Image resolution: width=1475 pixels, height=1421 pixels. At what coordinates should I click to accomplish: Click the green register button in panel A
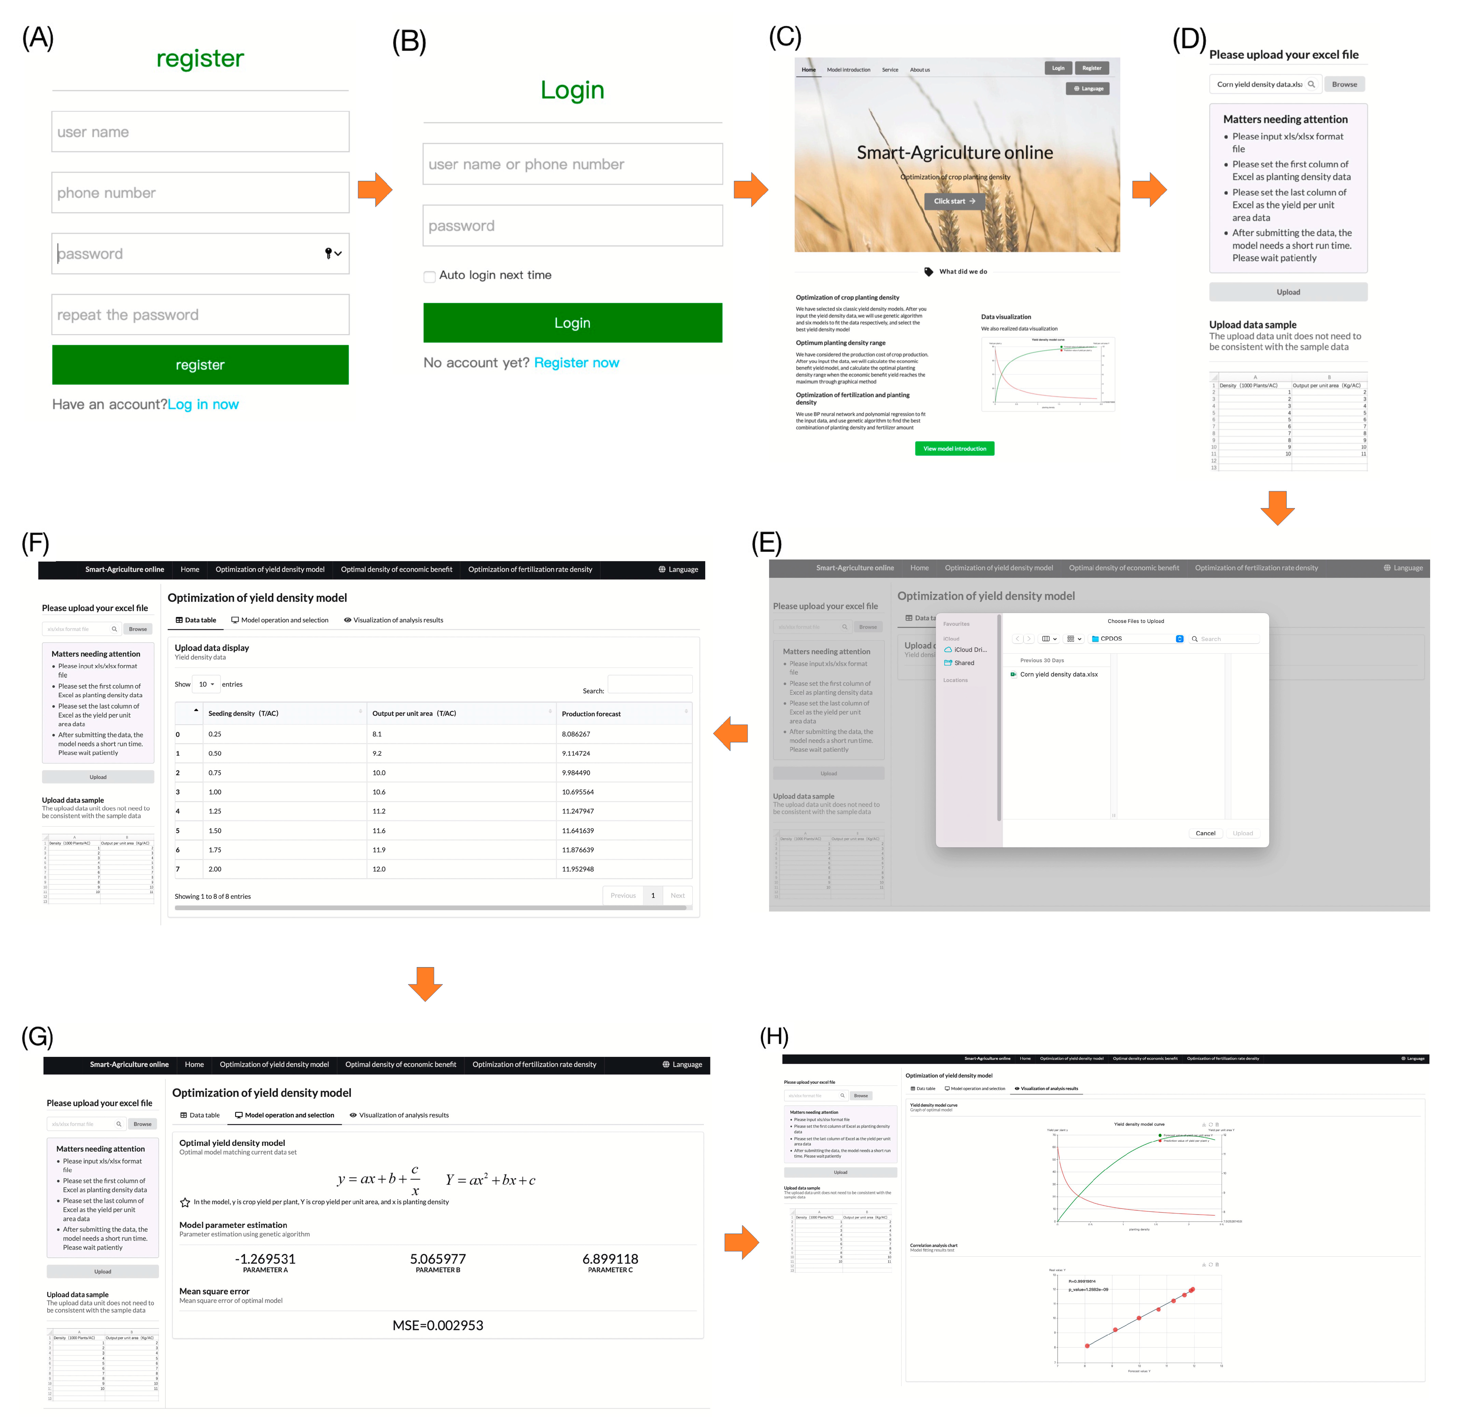click(200, 365)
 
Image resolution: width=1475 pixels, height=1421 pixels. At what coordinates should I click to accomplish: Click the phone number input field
click(200, 193)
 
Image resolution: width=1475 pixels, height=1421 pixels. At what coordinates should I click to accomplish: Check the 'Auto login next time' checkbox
click(430, 276)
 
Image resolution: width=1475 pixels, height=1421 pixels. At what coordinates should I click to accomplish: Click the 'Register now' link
click(577, 363)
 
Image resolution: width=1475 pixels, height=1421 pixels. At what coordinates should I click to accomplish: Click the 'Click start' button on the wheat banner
click(954, 201)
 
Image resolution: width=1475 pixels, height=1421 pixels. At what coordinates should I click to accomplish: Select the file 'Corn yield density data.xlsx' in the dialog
click(1058, 674)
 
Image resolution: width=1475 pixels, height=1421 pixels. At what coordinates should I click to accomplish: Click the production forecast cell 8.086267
click(576, 734)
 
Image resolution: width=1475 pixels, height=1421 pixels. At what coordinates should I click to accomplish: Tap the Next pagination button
click(677, 896)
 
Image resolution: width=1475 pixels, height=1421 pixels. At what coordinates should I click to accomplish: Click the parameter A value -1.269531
click(265, 1259)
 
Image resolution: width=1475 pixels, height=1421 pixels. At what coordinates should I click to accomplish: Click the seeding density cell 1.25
click(215, 811)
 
